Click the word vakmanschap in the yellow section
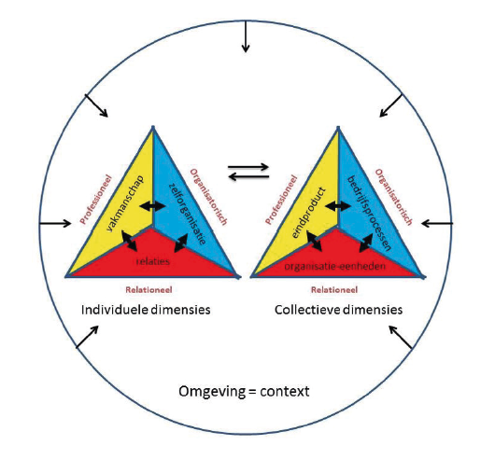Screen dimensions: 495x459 pyautogui.click(x=125, y=203)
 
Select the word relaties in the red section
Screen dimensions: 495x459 pyautogui.click(x=153, y=261)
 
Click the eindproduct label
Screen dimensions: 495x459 pyautogui.click(x=308, y=213)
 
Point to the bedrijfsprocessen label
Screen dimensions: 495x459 pyautogui.click(x=369, y=213)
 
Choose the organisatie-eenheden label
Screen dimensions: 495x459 pyautogui.click(x=335, y=267)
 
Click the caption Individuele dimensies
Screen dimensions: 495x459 pyautogui.click(x=146, y=310)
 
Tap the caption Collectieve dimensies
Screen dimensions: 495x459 pyautogui.click(x=338, y=310)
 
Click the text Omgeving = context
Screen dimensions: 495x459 pyautogui.click(x=244, y=392)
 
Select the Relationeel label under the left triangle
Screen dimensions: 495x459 pyautogui.click(x=148, y=290)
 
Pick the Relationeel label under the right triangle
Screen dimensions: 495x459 pyautogui.click(x=334, y=290)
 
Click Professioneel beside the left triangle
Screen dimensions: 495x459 pyautogui.click(x=95, y=200)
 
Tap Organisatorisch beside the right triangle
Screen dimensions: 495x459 pyautogui.click(x=393, y=197)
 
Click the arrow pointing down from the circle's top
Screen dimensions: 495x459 pyautogui.click(x=246, y=36)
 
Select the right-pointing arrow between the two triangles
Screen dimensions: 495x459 pyautogui.click(x=248, y=167)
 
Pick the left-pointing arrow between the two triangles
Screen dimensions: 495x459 pyautogui.click(x=248, y=176)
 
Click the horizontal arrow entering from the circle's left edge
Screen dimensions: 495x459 pyautogui.click(x=55, y=224)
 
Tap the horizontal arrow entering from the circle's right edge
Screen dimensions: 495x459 pyautogui.click(x=437, y=224)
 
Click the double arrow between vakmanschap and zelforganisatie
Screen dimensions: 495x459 pyautogui.click(x=153, y=206)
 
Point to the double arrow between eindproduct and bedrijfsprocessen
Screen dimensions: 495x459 pyautogui.click(x=338, y=206)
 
